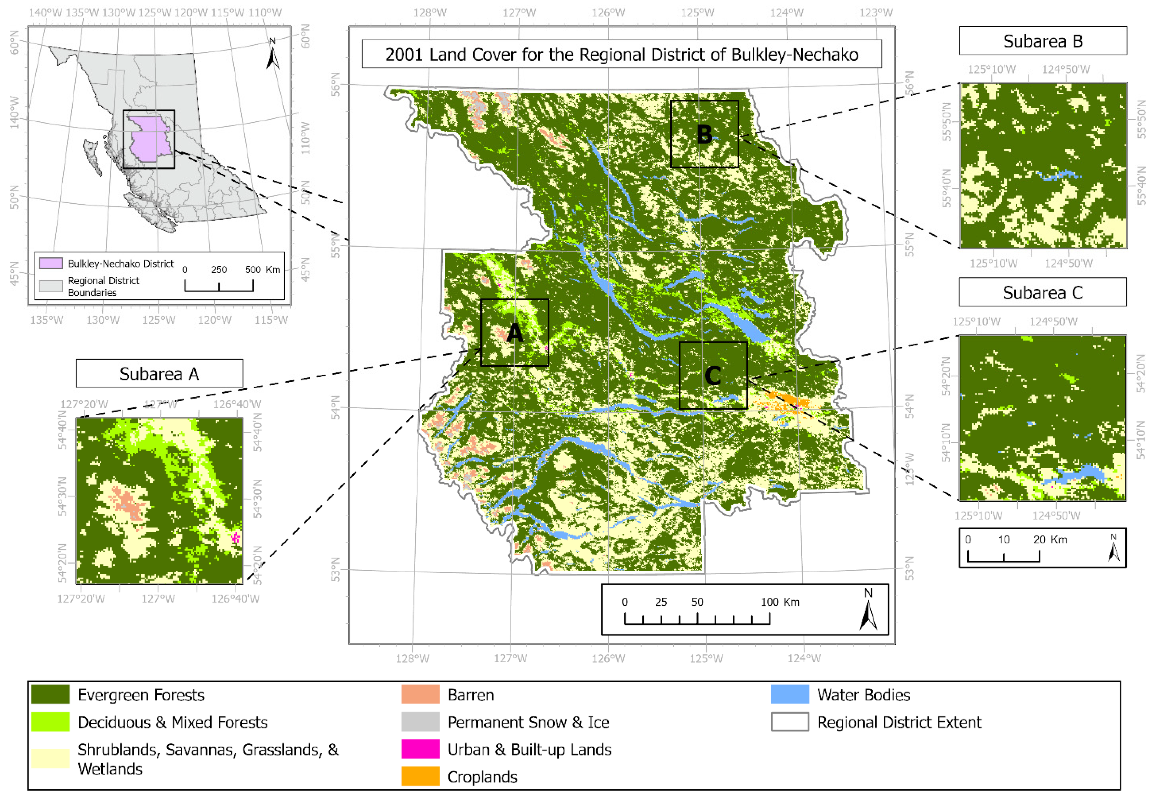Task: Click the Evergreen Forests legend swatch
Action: [50, 694]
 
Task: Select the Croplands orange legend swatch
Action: [420, 776]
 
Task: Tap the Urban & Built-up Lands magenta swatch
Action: [420, 749]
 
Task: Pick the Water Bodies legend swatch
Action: [789, 694]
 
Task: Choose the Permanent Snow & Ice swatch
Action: [420, 722]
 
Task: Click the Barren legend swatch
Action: [420, 694]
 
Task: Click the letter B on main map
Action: [704, 134]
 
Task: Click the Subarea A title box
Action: [159, 374]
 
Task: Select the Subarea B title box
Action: [1043, 41]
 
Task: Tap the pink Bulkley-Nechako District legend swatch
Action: [51, 263]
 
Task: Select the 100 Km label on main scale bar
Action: [779, 602]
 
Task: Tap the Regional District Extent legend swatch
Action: [789, 722]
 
